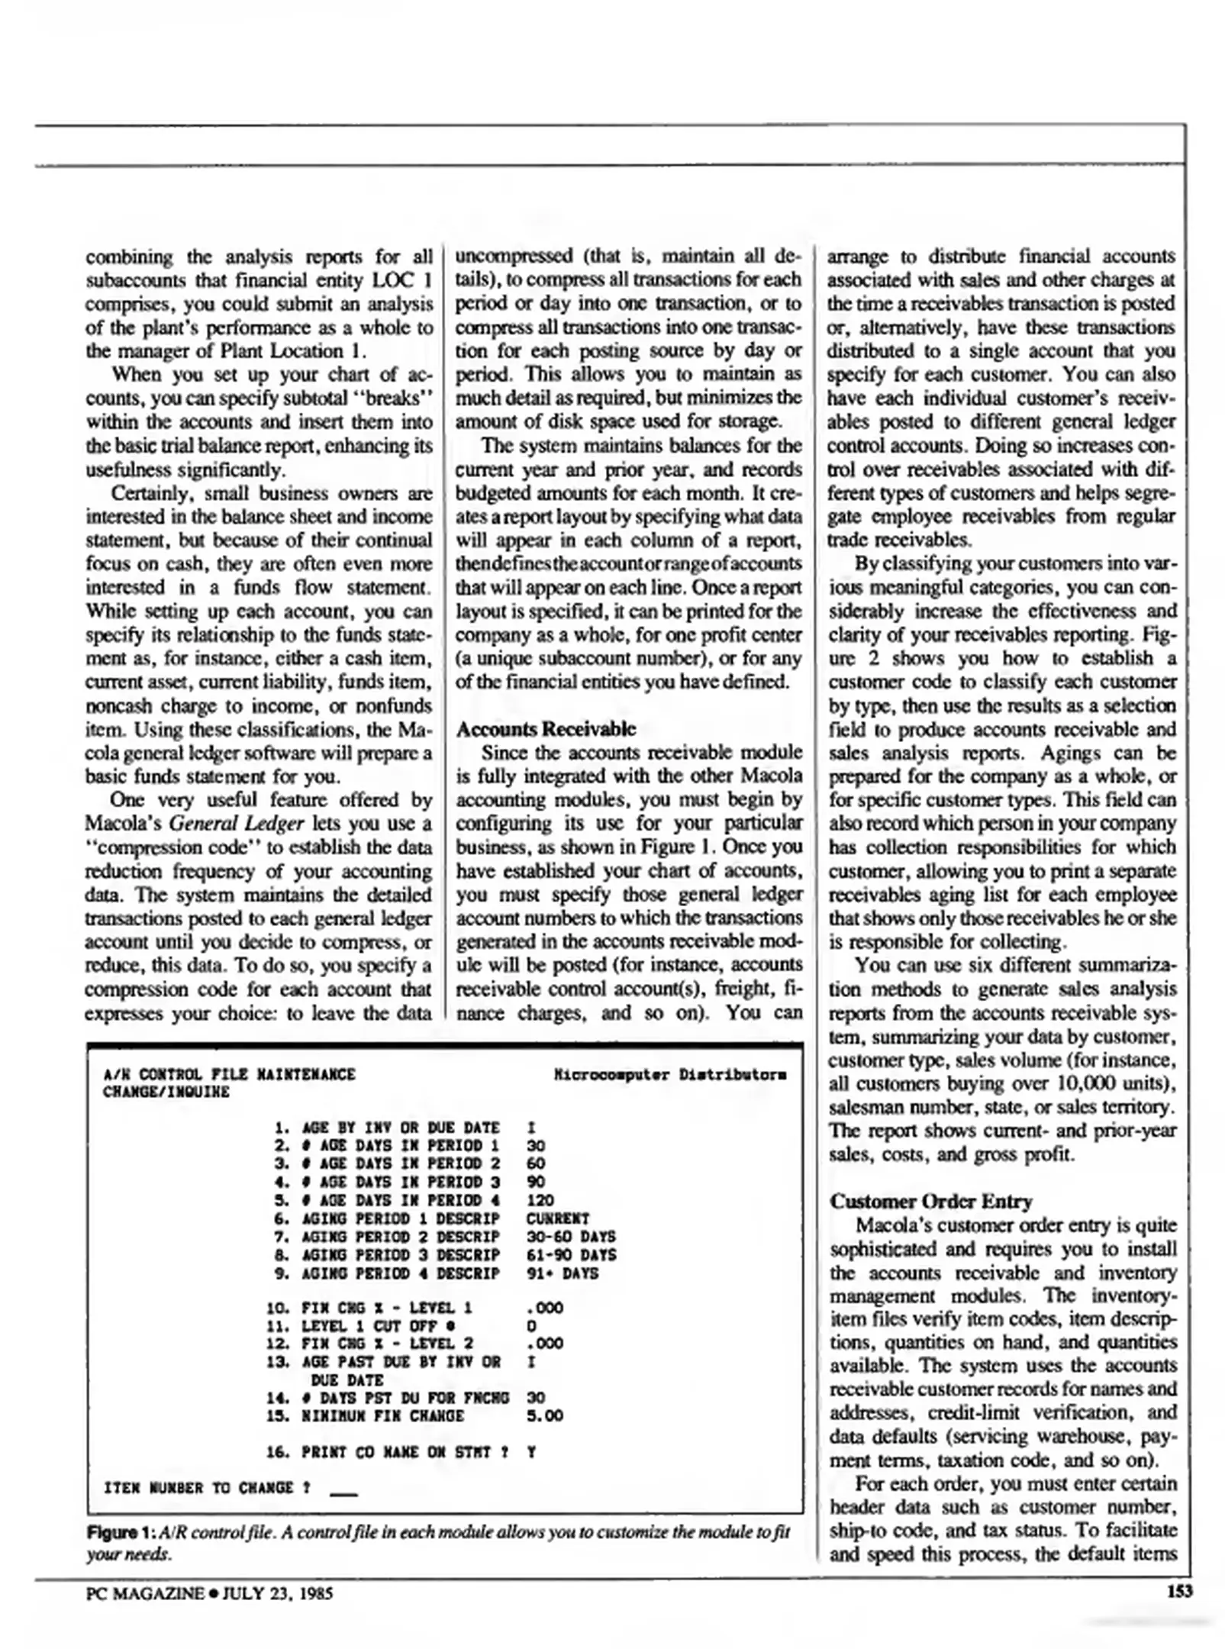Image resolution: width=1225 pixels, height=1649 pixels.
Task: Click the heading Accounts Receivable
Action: (x=545, y=728)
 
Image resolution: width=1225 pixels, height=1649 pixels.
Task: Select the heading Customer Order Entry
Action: (x=930, y=1201)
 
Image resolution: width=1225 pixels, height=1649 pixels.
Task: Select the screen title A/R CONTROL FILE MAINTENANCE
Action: (x=228, y=1074)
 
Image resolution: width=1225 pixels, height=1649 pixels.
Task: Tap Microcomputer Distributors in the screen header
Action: (x=670, y=1074)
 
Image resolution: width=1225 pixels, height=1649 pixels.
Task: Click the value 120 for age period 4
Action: (x=540, y=1200)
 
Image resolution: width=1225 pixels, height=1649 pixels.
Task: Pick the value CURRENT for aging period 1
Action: (x=557, y=1218)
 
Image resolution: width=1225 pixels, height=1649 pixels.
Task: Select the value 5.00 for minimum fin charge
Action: (x=544, y=1415)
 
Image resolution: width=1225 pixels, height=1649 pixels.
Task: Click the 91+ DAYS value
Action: (x=562, y=1273)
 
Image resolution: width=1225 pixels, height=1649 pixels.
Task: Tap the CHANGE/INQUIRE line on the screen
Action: (x=166, y=1092)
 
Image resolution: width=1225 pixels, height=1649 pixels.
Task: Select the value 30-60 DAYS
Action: (x=570, y=1237)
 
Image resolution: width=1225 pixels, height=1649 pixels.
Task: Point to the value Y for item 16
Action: (x=531, y=1451)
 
